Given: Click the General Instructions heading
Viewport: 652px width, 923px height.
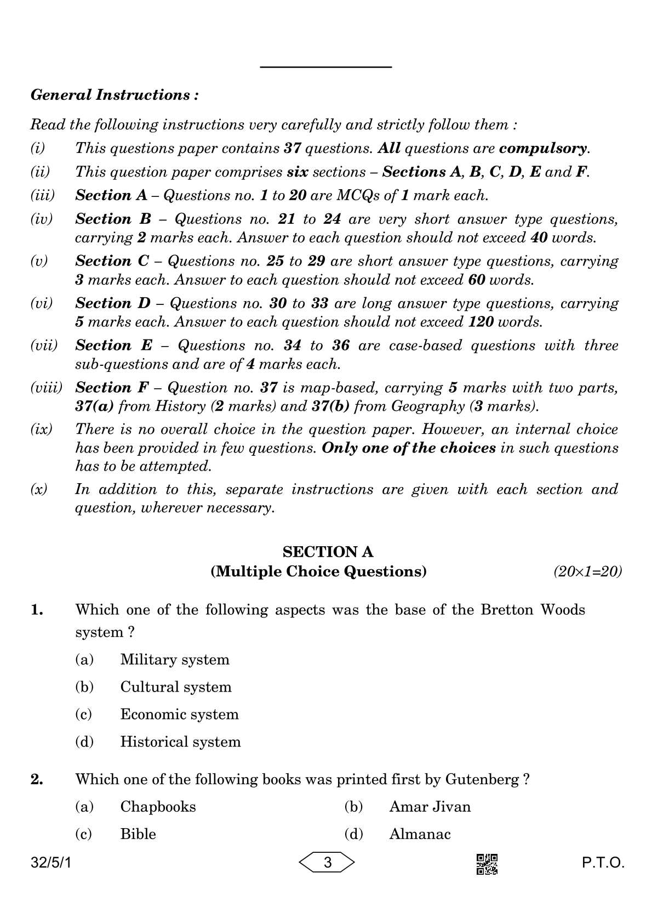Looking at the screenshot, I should pyautogui.click(x=115, y=95).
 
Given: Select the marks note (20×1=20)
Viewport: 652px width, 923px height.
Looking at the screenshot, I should pyautogui.click(x=587, y=572).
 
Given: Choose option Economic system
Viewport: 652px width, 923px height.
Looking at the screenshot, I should pyautogui.click(x=179, y=714).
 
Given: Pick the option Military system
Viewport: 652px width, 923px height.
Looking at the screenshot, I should pyautogui.click(x=174, y=659).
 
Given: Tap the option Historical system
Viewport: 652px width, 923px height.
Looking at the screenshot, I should pyautogui.click(x=180, y=741).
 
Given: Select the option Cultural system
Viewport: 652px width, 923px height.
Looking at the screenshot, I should pyautogui.click(x=175, y=687).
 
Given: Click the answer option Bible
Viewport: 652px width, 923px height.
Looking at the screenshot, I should pyautogui.click(x=138, y=834).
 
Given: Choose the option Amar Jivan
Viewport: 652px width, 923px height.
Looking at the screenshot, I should pyautogui.click(x=430, y=806).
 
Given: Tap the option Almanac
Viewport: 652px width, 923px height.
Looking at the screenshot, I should pyautogui.click(x=420, y=834).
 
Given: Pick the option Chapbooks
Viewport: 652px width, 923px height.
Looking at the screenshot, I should pyautogui.click(x=158, y=806).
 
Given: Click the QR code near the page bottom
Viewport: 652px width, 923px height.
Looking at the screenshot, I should pyautogui.click(x=487, y=864).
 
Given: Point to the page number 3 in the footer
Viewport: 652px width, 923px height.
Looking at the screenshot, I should pyautogui.click(x=327, y=863).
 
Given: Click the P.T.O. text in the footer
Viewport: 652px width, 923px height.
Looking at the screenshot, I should pyautogui.click(x=603, y=863).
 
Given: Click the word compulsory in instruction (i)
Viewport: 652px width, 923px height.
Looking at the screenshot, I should pyautogui.click(x=544, y=148).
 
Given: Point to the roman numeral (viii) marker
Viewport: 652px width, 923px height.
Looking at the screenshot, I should pyautogui.click(x=45, y=388).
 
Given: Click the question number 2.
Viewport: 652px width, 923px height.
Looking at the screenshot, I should pyautogui.click(x=37, y=779).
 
